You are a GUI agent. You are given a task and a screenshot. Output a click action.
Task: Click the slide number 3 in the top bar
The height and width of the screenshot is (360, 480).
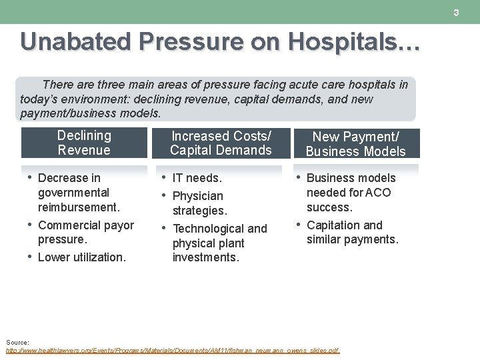click(x=457, y=13)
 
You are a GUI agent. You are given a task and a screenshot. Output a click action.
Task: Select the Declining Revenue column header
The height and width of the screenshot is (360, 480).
click(x=84, y=143)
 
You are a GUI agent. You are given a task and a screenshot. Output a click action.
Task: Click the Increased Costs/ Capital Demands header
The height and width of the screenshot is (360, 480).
click(x=221, y=143)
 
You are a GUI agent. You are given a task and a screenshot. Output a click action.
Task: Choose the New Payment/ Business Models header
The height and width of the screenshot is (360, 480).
click(x=355, y=144)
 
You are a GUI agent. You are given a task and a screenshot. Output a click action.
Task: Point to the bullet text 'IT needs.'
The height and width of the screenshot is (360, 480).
click(x=197, y=178)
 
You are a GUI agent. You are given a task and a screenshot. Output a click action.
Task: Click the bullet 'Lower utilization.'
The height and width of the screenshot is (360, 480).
click(x=81, y=257)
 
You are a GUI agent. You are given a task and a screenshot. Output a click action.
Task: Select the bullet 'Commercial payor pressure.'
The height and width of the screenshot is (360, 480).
click(x=85, y=232)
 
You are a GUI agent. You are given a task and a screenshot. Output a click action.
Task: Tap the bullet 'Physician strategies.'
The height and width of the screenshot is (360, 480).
click(x=199, y=203)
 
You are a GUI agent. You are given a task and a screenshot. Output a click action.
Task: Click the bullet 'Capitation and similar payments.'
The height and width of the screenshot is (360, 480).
click(x=351, y=232)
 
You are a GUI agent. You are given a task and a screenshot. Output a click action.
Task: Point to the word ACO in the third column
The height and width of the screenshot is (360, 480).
click(x=379, y=193)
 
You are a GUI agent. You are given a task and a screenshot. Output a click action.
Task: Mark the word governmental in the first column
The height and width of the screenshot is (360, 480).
click(x=73, y=193)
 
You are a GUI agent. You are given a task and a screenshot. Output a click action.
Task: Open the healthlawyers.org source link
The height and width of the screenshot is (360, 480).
click(x=172, y=350)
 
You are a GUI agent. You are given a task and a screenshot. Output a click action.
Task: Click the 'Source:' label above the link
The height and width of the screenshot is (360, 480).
click(x=17, y=342)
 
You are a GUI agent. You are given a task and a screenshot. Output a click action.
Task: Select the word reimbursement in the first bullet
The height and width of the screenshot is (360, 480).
click(x=79, y=207)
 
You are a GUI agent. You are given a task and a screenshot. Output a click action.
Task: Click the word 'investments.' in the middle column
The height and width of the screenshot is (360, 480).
click(x=205, y=258)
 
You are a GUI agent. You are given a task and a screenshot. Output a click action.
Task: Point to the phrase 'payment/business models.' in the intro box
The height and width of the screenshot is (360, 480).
click(x=91, y=113)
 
